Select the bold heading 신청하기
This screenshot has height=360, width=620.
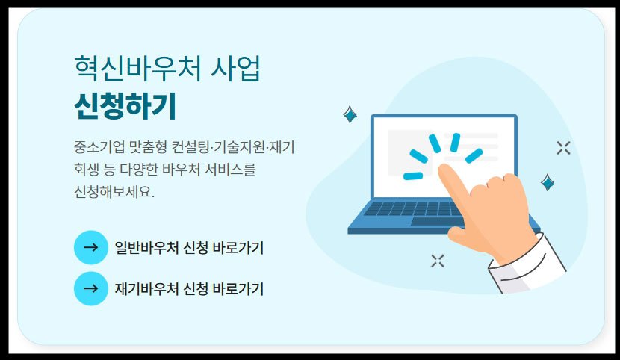pos(125,107)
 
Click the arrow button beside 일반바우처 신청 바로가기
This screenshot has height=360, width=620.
pos(91,247)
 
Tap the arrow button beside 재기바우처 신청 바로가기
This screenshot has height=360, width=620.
pos(91,288)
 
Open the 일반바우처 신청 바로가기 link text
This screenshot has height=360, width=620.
pos(189,248)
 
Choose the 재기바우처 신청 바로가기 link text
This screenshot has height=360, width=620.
pos(189,289)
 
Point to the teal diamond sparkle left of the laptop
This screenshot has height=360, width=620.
pos(349,114)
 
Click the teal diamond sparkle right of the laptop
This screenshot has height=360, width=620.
pos(548,181)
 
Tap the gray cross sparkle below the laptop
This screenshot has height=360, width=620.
pos(438,260)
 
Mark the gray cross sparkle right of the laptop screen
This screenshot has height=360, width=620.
pos(564,147)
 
